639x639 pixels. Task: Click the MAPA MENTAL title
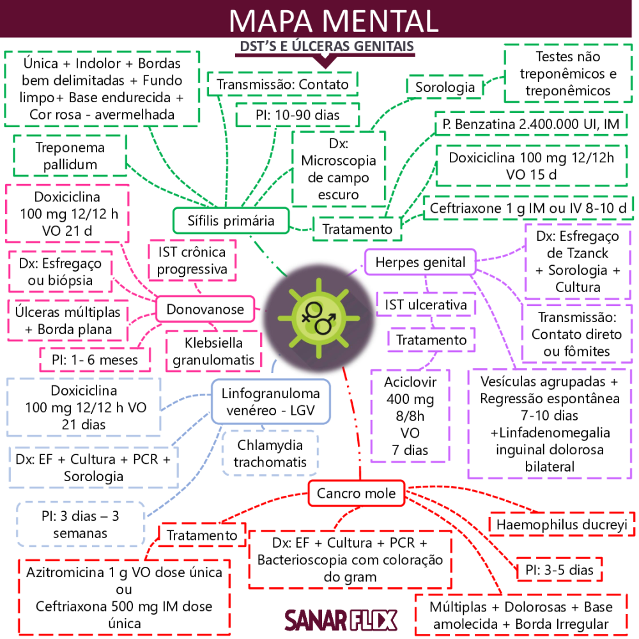[x=334, y=20]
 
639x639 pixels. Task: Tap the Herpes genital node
[x=420, y=262]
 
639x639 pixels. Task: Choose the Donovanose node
[x=205, y=309]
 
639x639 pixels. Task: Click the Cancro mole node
[x=356, y=493]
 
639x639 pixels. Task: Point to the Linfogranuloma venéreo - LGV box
[x=271, y=401]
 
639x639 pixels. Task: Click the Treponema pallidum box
[x=71, y=156]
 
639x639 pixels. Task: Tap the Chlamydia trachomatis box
[x=270, y=453]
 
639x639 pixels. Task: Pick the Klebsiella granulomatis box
[x=213, y=351]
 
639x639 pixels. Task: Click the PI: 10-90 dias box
[x=297, y=116]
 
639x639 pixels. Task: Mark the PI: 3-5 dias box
[x=560, y=569]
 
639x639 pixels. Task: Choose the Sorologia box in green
[x=445, y=86]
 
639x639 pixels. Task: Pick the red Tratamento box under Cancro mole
[x=201, y=535]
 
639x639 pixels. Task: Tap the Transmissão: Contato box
[x=282, y=84]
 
